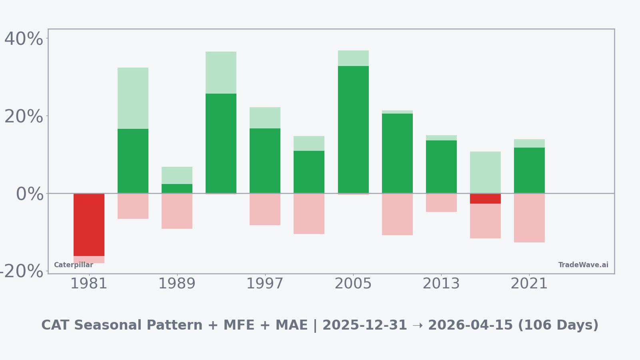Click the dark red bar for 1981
point(89,225)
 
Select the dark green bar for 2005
point(353,130)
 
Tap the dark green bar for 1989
point(177,189)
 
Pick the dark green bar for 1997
point(265,161)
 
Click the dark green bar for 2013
point(441,167)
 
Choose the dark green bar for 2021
point(529,170)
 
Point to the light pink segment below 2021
point(529,218)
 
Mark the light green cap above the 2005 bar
point(353,58)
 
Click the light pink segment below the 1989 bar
point(177,211)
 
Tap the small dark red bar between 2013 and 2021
point(485,199)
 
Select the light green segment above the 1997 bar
point(265,118)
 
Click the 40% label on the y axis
point(24,39)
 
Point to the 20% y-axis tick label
point(24,117)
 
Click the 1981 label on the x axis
point(89,284)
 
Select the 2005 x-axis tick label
point(353,284)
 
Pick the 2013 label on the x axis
point(441,284)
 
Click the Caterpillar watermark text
point(74,265)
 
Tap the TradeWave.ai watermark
point(583,265)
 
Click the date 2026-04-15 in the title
point(470,326)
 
